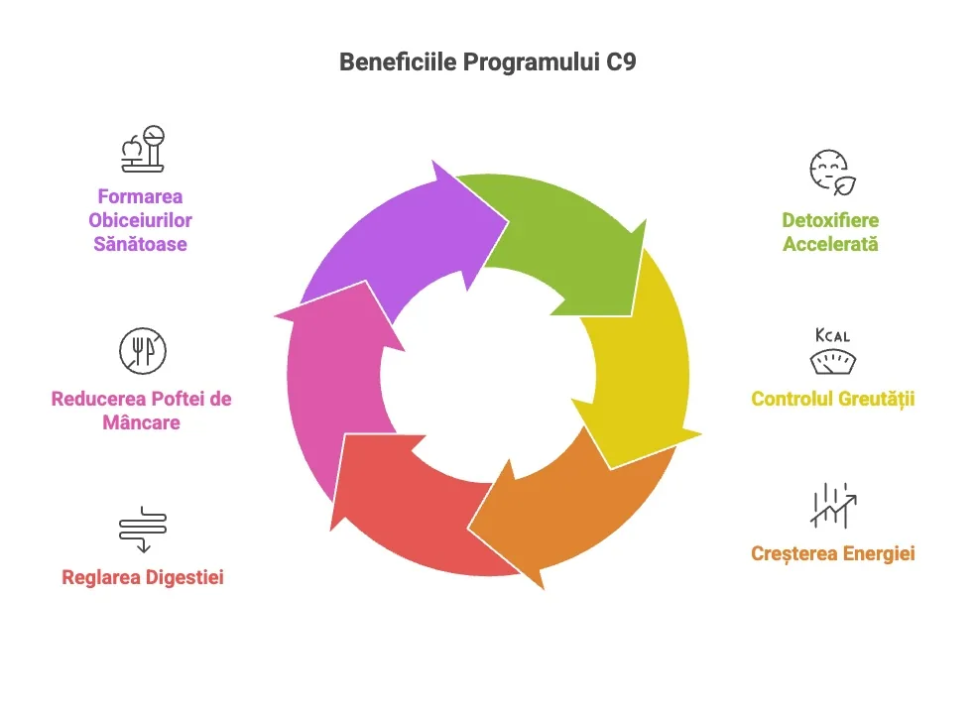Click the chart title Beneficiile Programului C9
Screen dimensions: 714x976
pyautogui.click(x=487, y=61)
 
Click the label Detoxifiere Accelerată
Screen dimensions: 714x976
pyautogui.click(x=830, y=232)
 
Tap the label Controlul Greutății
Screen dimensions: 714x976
pyautogui.click(x=832, y=400)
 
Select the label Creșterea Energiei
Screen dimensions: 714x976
pyautogui.click(x=832, y=552)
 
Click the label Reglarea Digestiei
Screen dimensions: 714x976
pyautogui.click(x=142, y=576)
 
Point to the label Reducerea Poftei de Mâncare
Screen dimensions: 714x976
pyautogui.click(x=141, y=411)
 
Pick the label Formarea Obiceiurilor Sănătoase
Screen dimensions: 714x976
pyautogui.click(x=140, y=220)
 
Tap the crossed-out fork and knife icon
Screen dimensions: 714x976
pyautogui.click(x=142, y=351)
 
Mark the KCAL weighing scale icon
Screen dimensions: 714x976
pyautogui.click(x=831, y=351)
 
